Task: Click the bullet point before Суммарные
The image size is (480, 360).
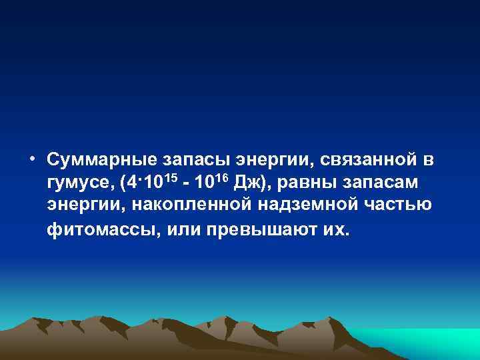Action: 32,160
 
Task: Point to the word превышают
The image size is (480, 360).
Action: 249,229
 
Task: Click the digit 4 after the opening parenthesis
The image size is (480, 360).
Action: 133,183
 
